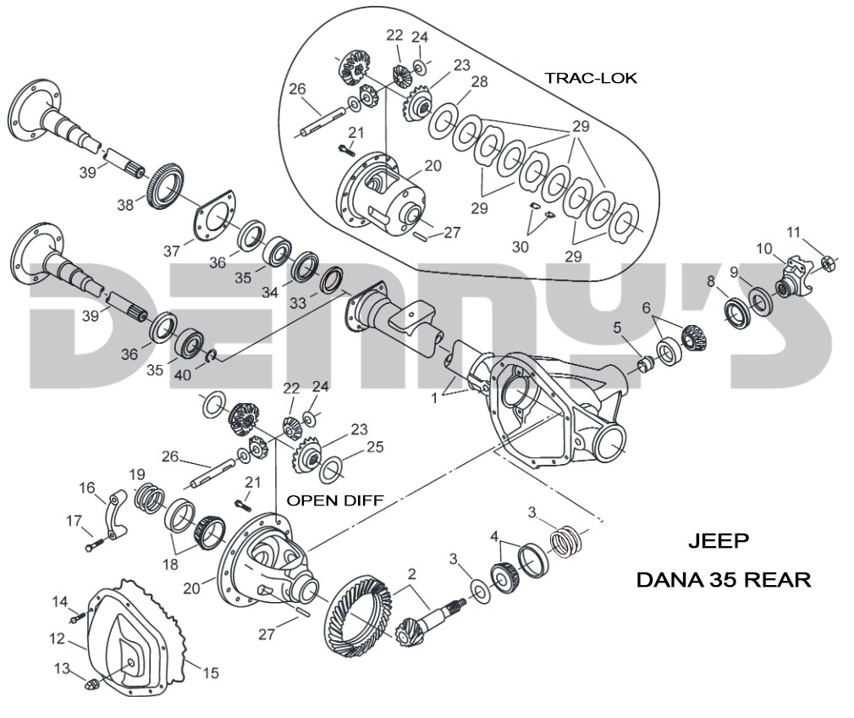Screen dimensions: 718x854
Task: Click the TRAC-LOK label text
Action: pyautogui.click(x=590, y=78)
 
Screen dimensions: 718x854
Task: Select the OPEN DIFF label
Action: pyautogui.click(x=334, y=500)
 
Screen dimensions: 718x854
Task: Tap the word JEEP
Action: pyautogui.click(x=719, y=540)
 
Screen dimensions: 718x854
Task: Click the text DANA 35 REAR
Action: pyautogui.click(x=723, y=580)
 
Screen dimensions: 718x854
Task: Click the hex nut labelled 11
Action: pyautogui.click(x=830, y=265)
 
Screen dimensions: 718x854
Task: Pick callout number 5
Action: pyautogui.click(x=618, y=327)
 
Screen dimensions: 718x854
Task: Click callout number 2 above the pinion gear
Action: pyautogui.click(x=411, y=573)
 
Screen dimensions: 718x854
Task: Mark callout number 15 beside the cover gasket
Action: pyautogui.click(x=210, y=673)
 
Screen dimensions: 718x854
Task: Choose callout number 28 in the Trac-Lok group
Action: pyautogui.click(x=479, y=81)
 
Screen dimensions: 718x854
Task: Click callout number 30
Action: pyautogui.click(x=520, y=246)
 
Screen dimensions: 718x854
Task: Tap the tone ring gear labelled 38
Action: pyautogui.click(x=163, y=187)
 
